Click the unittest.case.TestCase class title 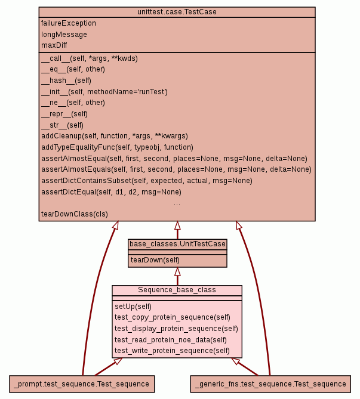click(x=177, y=12)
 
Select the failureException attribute click(x=69, y=23)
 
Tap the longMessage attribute click(x=64, y=35)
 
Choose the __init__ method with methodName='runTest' click(x=104, y=92)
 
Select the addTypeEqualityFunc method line click(x=117, y=147)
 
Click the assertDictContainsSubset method click(x=146, y=181)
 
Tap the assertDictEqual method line click(x=111, y=192)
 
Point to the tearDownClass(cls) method click(x=75, y=214)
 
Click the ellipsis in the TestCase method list click(x=177, y=203)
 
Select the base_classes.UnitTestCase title click(x=177, y=244)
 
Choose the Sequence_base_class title click(x=177, y=290)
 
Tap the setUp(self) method click(x=133, y=307)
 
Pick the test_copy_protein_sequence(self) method click(x=173, y=317)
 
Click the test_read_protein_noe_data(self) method click(x=171, y=339)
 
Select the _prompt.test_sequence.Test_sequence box click(x=82, y=383)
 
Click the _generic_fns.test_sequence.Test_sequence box click(x=270, y=383)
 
